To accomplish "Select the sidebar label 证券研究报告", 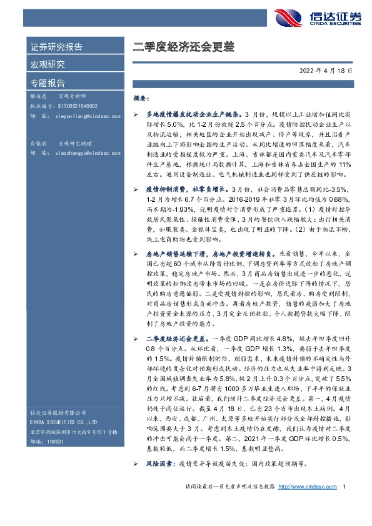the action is coord(56,47).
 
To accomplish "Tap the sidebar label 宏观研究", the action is coord(48,65).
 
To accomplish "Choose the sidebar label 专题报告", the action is coord(48,82).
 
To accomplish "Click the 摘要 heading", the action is coord(141,99).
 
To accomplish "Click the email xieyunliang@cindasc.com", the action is coord(80,116).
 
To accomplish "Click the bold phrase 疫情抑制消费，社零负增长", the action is coord(177,188).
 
